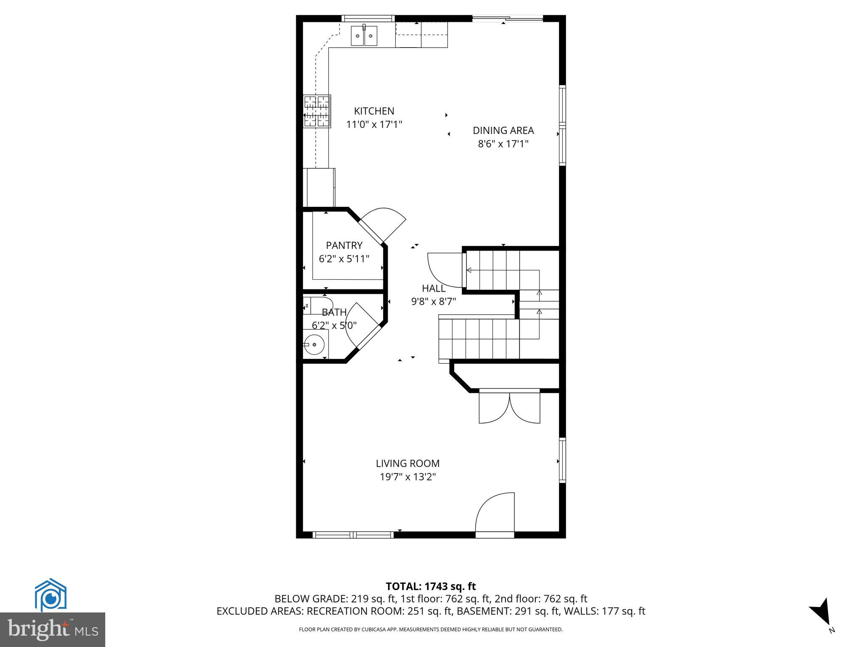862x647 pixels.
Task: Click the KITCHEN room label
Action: click(x=374, y=111)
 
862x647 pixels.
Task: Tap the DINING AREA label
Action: click(x=503, y=131)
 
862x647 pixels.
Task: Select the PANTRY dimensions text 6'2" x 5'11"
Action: click(x=344, y=259)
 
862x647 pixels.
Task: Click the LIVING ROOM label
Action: click(x=407, y=463)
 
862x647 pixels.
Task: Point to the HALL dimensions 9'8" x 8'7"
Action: click(x=434, y=302)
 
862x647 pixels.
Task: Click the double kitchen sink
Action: click(x=364, y=35)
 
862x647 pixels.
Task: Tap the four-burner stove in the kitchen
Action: click(x=317, y=111)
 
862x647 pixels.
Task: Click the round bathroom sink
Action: click(x=314, y=345)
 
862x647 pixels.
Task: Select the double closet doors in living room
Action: click(x=509, y=407)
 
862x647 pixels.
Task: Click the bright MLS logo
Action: click(x=52, y=630)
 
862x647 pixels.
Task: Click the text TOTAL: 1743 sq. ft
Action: click(x=431, y=586)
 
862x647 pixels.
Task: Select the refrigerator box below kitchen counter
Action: click(x=321, y=187)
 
